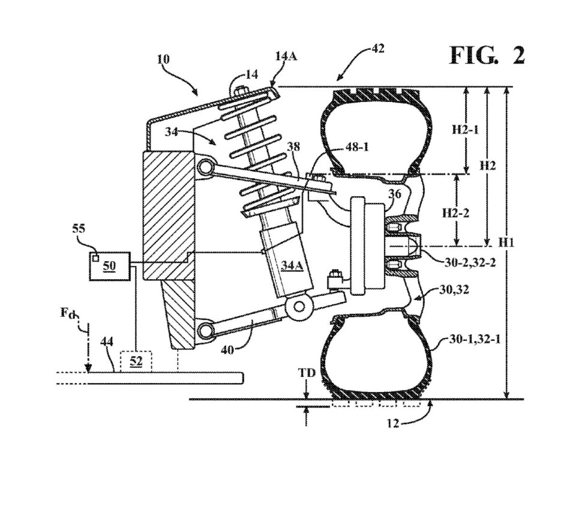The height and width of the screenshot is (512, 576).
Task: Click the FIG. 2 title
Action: coord(487,56)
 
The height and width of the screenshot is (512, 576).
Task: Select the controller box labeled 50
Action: coord(110,266)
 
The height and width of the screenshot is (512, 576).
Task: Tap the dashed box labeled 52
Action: coord(136,361)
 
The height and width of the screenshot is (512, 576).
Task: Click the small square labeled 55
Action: coord(95,258)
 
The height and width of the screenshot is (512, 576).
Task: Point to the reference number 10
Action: coord(163,59)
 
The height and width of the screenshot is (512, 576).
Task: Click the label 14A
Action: coord(286,56)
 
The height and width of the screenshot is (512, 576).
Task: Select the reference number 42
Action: coord(377,48)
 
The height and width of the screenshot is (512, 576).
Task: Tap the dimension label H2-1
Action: coord(465,130)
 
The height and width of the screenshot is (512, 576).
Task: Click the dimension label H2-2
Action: coord(455,213)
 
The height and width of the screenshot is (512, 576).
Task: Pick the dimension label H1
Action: coord(506,242)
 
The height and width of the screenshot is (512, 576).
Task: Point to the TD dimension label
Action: coord(307,373)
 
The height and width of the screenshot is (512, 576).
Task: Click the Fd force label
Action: coord(68,313)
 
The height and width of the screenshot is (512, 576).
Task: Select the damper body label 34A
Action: coord(292,265)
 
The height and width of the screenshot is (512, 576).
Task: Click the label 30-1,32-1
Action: coord(475,339)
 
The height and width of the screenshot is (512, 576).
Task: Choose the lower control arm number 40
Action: coord(227,351)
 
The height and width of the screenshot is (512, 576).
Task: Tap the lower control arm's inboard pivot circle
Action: coord(205,330)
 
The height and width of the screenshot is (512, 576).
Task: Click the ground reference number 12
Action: coord(392,424)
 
